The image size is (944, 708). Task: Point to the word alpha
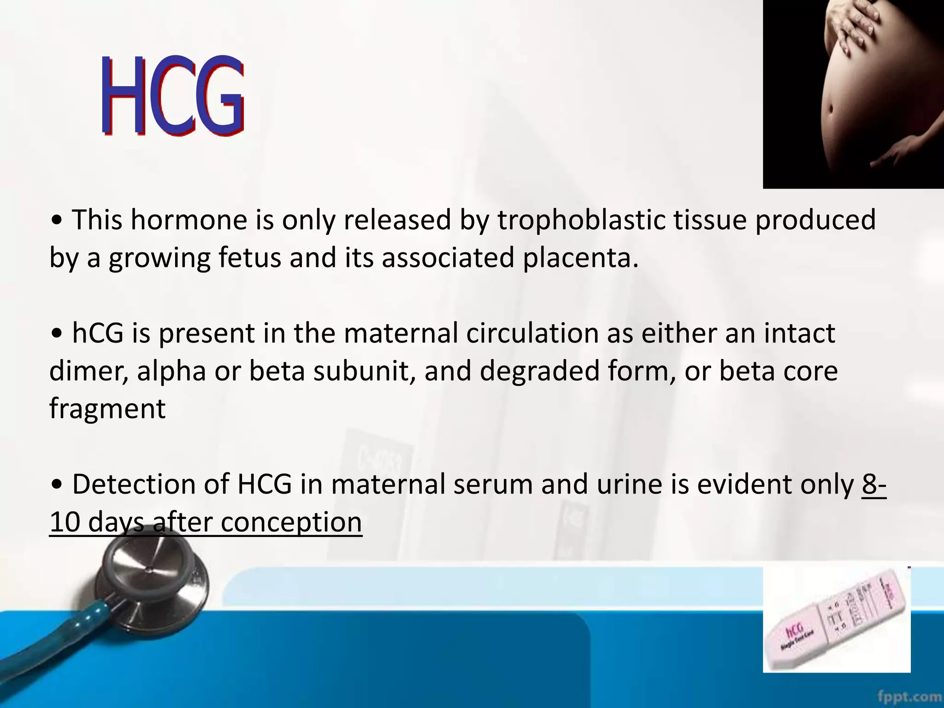tap(171, 371)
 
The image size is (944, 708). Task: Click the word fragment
tap(107, 409)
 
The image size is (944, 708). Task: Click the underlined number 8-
tap(873, 484)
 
